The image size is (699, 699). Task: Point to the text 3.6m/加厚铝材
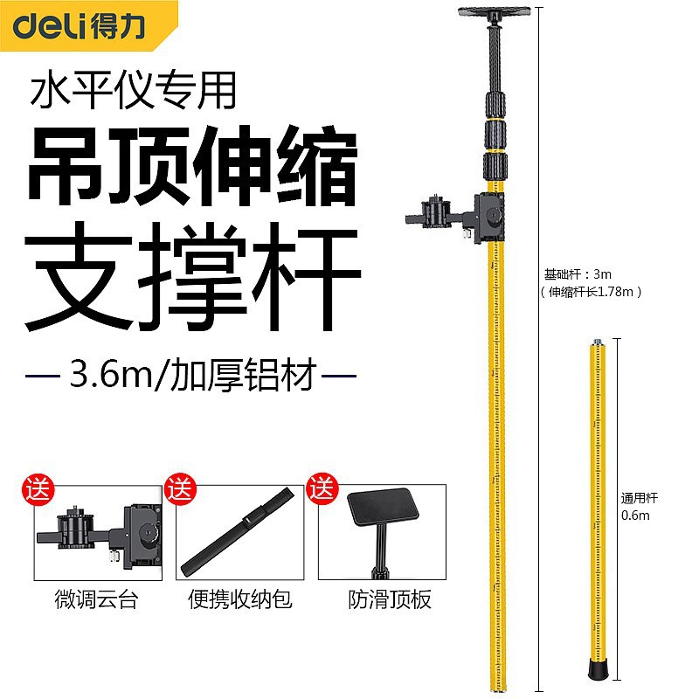(x=191, y=378)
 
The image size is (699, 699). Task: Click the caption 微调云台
(x=95, y=601)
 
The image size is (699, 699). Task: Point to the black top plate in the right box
(x=385, y=514)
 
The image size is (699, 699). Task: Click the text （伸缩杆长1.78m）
(x=591, y=292)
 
